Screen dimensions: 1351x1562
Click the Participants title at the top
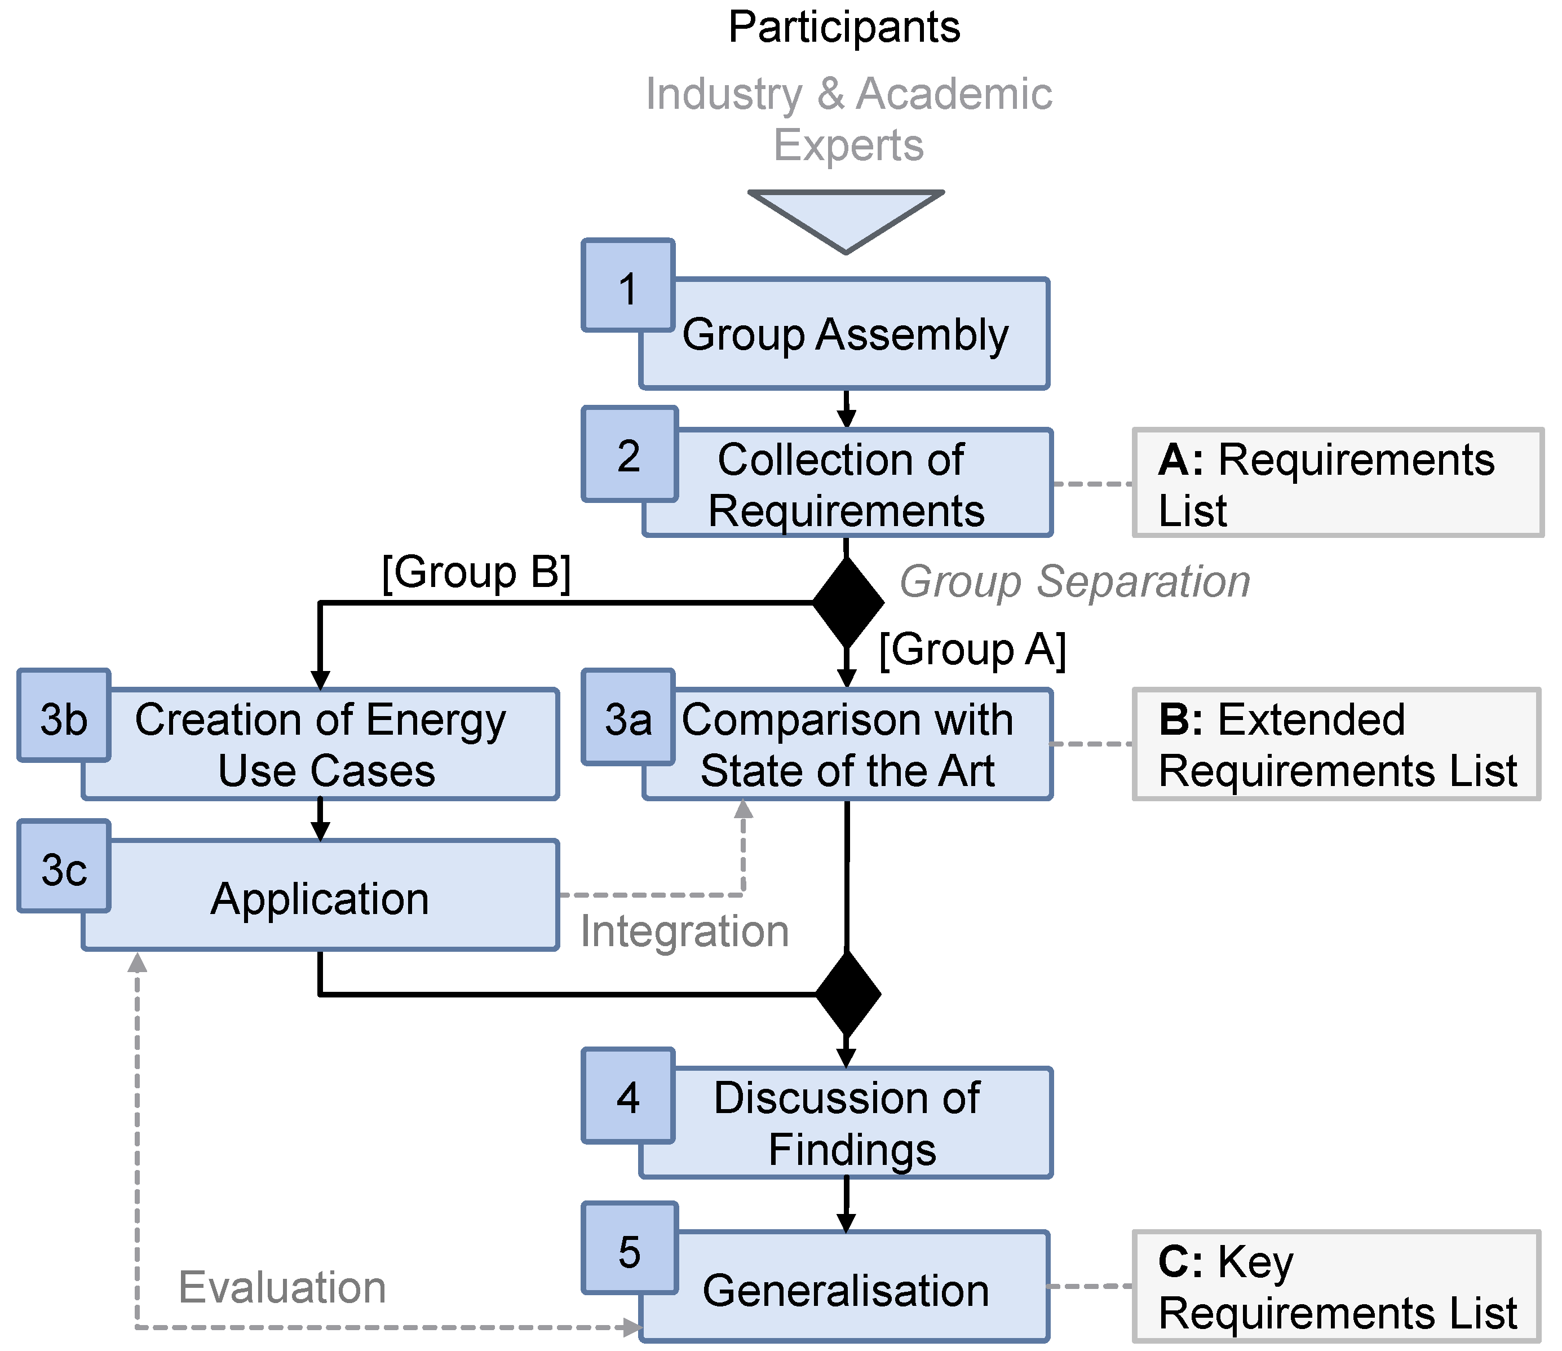click(844, 28)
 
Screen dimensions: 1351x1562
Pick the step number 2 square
click(629, 454)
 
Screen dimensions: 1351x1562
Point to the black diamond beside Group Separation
click(847, 602)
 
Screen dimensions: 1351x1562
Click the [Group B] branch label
click(476, 572)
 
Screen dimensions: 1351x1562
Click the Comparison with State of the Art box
click(847, 745)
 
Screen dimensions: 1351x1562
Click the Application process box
click(320, 897)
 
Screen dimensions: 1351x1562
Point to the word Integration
click(684, 931)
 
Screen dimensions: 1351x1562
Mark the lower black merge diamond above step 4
click(847, 994)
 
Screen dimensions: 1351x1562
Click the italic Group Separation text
click(1074, 582)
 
